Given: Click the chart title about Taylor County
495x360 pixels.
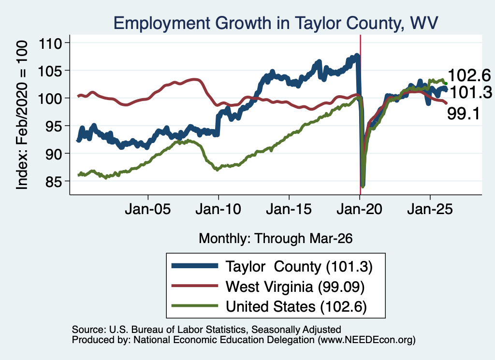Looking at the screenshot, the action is coord(276,23).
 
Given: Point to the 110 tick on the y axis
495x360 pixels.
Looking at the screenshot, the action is coord(50,43).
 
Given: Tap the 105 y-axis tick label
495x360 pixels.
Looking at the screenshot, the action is coord(50,72).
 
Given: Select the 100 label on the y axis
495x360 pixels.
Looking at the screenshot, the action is coord(50,99).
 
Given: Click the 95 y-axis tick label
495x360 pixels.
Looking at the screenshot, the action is coord(54,127).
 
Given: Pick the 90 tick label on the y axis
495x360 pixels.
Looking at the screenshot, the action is coord(54,154).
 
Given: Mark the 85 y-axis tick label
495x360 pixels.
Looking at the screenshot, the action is coord(54,182).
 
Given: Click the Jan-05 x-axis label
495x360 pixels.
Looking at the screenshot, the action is coord(148,209).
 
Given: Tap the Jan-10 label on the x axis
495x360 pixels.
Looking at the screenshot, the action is coord(218,209).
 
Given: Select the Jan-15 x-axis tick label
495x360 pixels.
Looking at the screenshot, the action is coord(289,209).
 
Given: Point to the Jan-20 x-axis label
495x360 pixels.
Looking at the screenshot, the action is coord(359,209).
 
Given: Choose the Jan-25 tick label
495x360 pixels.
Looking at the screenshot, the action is coord(430,209).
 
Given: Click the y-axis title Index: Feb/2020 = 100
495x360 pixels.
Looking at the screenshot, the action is coord(22,115).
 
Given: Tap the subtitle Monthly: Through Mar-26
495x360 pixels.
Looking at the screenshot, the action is coord(276,239).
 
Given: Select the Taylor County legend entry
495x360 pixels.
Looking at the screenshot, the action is coord(272,267).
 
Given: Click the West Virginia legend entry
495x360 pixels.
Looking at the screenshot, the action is coord(268,287).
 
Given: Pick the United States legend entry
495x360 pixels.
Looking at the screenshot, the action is coord(269,306).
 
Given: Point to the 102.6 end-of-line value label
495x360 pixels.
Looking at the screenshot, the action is coord(469,76).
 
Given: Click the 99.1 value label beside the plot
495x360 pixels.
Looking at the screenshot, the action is coord(464,114).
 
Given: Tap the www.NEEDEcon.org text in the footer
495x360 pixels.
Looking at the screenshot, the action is coord(366,340).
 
